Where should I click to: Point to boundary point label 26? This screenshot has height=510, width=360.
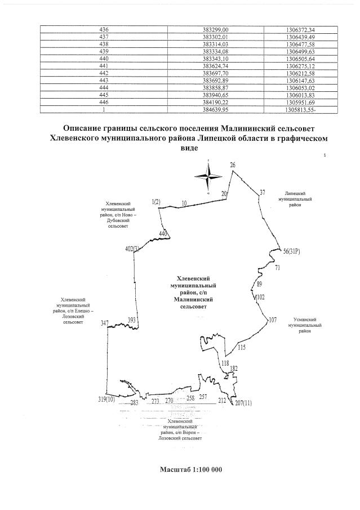point(233,165)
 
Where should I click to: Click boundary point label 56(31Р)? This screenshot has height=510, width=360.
point(292,251)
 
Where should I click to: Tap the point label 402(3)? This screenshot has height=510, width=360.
point(132,249)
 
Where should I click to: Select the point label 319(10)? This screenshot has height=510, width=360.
point(106,400)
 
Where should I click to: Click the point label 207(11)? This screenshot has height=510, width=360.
point(243,403)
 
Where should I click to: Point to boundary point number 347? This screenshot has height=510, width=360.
point(105,323)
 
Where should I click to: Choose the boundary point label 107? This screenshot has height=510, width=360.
point(273,320)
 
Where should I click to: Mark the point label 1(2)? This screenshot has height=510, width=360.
point(156,202)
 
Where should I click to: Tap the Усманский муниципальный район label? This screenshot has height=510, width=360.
point(305,325)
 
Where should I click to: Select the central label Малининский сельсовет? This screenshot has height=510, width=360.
point(193,293)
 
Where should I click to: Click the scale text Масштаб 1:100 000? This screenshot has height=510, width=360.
point(191,469)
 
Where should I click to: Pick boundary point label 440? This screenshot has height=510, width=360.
point(164,233)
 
